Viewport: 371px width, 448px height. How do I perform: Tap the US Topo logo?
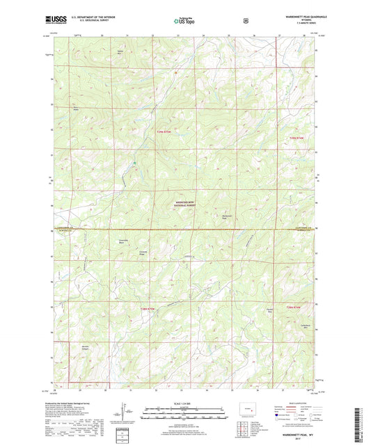(x=184, y=22)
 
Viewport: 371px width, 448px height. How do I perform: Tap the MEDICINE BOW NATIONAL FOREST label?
(x=185, y=203)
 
